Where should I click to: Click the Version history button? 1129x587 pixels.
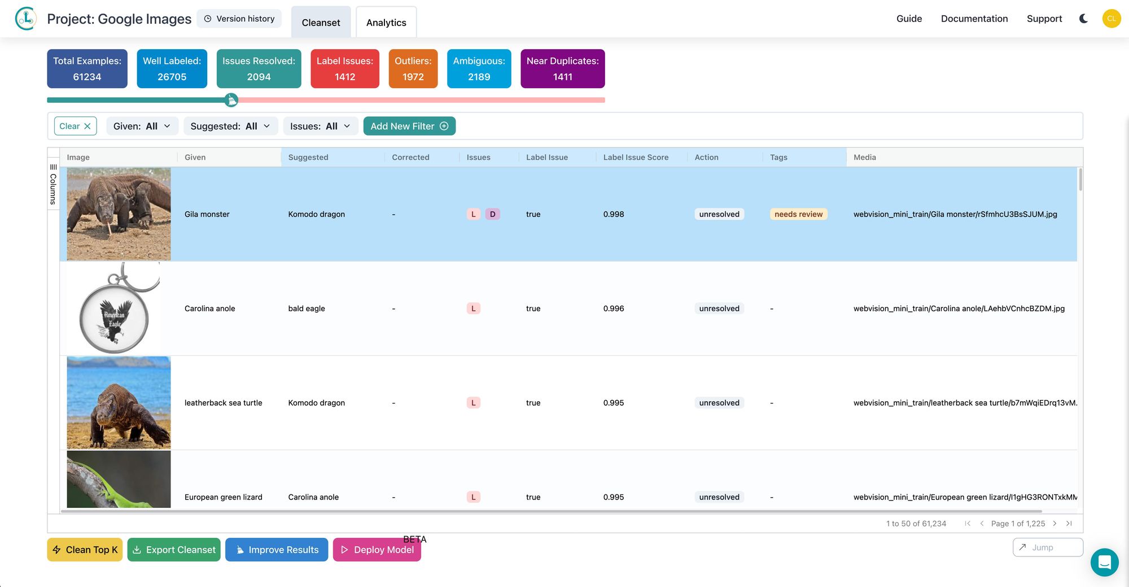pos(239,19)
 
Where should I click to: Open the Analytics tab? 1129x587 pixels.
pos(386,23)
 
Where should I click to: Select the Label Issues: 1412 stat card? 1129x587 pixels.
pos(344,69)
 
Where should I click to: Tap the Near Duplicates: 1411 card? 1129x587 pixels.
pos(562,69)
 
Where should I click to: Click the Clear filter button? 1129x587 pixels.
pos(75,126)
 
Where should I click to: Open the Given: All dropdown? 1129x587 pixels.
pos(142,126)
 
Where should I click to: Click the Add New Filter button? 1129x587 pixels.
pos(409,126)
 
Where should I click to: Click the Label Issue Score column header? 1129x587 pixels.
pos(636,157)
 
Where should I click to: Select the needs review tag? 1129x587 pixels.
pos(798,214)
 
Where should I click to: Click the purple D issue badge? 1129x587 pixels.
pos(492,214)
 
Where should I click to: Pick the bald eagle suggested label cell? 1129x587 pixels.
pos(307,308)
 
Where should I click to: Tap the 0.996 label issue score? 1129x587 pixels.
pos(614,308)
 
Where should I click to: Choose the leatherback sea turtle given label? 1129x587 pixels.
pos(224,403)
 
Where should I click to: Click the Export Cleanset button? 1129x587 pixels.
pos(174,550)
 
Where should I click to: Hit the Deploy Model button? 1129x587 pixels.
pos(377,550)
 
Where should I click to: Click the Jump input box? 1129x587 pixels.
pos(1048,547)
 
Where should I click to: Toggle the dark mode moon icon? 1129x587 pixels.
pos(1083,19)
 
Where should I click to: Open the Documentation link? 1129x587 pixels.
pos(974,19)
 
